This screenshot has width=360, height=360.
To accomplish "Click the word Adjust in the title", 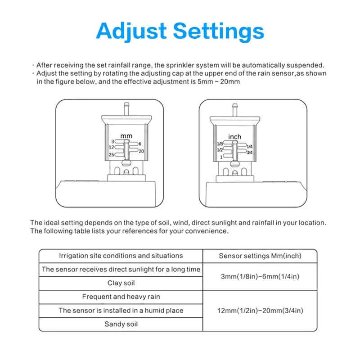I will pos(130,31).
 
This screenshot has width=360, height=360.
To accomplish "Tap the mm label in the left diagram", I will pos(126,135).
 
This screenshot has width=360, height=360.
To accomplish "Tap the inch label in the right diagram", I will pos(234,136).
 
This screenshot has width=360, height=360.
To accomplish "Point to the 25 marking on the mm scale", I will pos(111,154).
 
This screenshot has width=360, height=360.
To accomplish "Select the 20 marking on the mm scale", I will pos(140,151).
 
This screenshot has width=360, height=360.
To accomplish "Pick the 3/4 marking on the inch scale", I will pos(249,152).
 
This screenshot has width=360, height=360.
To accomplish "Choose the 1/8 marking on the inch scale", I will pos(220,144).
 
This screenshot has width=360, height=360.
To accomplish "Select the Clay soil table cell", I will pos(121,283).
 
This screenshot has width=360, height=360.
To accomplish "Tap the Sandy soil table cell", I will pos(121,324).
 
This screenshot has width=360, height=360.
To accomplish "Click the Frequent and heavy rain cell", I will pos(121,297).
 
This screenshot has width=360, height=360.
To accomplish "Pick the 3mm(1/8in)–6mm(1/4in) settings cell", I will pos(260,276).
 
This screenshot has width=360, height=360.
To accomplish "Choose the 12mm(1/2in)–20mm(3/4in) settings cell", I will pos(260,310).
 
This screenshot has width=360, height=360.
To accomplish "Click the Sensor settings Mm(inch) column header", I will pos(260,256).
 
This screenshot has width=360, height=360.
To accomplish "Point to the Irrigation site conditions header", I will pos(121,256).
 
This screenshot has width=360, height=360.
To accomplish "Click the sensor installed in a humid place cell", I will pos(121,310).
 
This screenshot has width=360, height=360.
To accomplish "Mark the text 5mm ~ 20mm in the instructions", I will pos(223,82).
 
